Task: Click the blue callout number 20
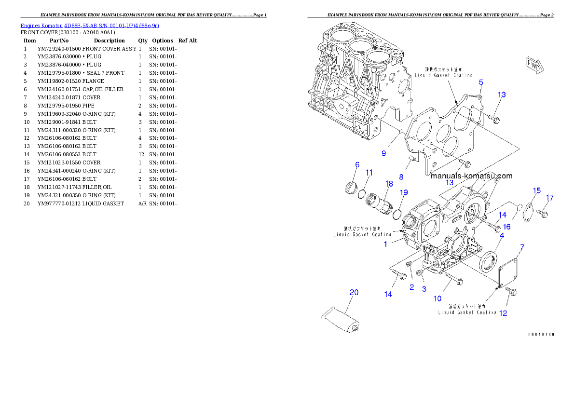point(354,292)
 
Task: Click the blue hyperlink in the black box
point(90,25)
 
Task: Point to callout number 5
point(481,83)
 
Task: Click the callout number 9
point(384,153)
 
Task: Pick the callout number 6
point(357,165)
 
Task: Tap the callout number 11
point(369,173)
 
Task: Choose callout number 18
point(389,184)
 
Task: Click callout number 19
point(404,193)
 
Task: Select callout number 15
point(537,191)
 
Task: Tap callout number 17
point(550,198)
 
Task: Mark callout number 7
point(522,248)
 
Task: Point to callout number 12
point(503,313)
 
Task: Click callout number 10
point(437,298)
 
